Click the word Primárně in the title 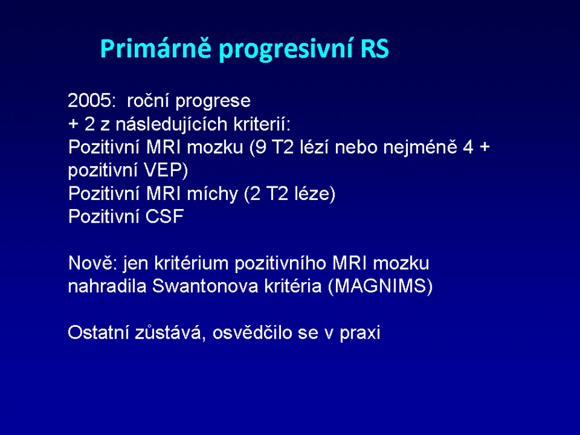click(x=155, y=49)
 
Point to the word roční click(x=148, y=101)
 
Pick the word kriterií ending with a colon click(x=262, y=124)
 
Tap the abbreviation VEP click(x=166, y=170)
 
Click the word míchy click(x=212, y=194)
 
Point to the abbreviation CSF click(x=165, y=216)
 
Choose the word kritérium click(x=191, y=263)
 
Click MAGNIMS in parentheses click(x=380, y=286)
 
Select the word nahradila click(x=107, y=286)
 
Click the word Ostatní click(x=99, y=332)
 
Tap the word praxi click(x=360, y=332)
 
